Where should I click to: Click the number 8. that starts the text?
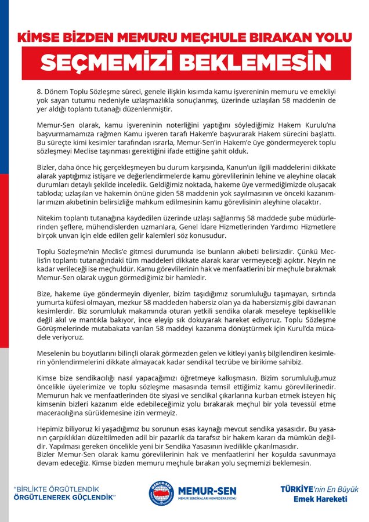(x=40, y=91)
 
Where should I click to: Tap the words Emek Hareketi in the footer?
(x=321, y=498)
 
